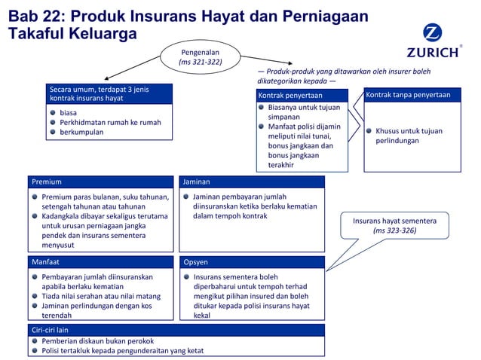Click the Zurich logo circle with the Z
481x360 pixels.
click(432, 34)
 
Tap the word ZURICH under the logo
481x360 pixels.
click(432, 53)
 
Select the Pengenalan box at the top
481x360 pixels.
click(200, 56)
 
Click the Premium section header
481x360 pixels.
click(104, 182)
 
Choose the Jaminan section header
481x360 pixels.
click(252, 182)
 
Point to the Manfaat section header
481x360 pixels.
click(104, 262)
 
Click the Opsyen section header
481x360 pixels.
click(252, 262)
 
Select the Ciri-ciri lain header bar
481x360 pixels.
click(176, 330)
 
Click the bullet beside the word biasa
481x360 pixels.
click(53, 112)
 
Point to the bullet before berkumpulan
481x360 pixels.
click(53, 132)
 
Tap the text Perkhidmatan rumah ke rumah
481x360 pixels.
click(110, 122)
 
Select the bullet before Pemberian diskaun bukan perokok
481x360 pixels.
click(35, 340)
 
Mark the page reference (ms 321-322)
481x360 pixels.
click(200, 62)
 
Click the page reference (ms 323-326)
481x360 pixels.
click(394, 231)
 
